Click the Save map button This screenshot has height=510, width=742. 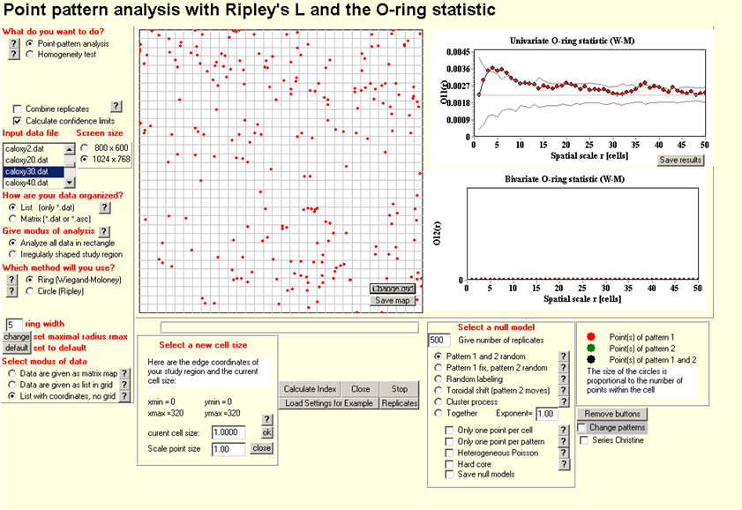pos(392,300)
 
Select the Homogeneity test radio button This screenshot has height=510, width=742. pos(30,54)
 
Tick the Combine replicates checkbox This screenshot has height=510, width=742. pos(18,108)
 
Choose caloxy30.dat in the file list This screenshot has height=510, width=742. pos(31,171)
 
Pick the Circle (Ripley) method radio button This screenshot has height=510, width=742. pos(30,289)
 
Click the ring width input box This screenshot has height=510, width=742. pos(14,325)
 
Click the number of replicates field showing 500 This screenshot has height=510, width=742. pos(438,340)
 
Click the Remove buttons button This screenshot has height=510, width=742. pos(612,413)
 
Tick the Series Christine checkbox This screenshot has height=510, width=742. pos(583,439)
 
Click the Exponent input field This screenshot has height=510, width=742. pos(547,413)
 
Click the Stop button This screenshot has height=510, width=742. pos(400,388)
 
